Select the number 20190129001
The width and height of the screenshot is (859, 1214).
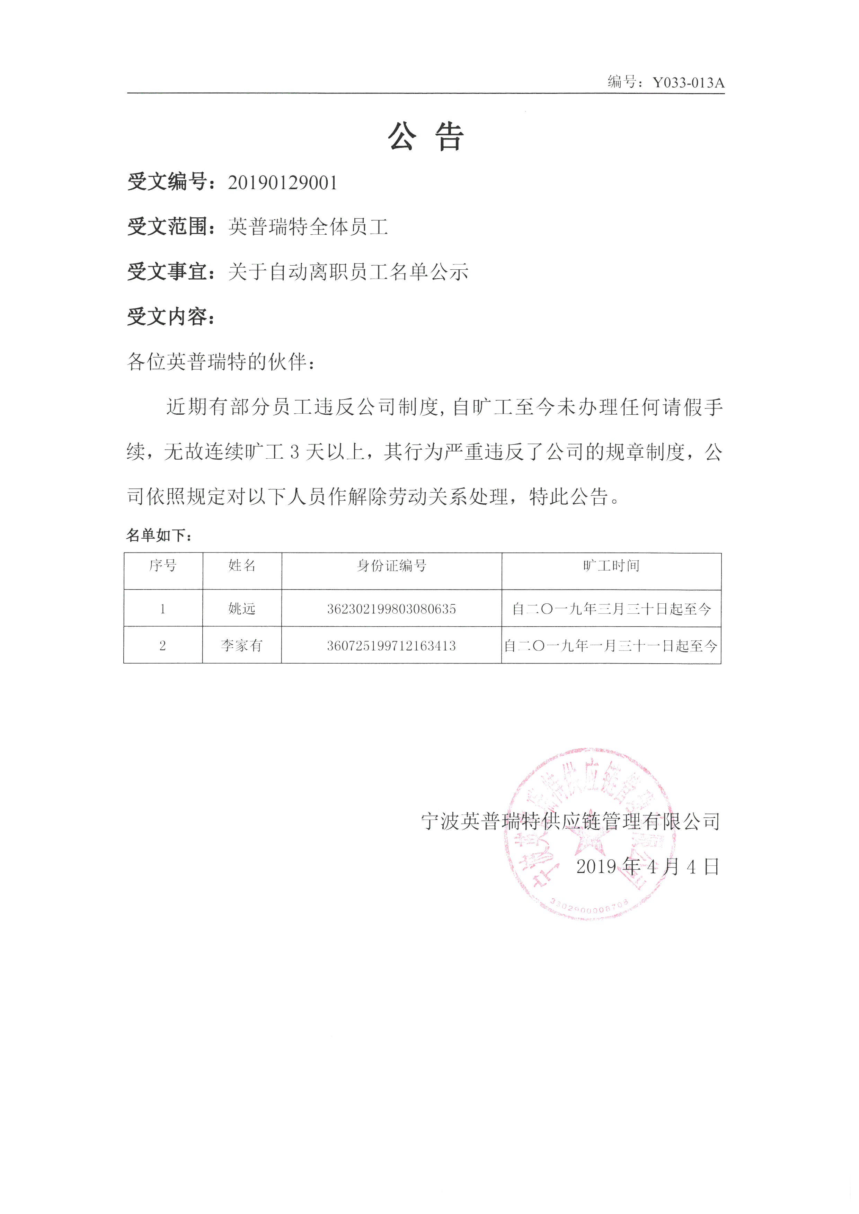click(x=282, y=183)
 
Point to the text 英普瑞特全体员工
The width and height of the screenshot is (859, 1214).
click(x=308, y=227)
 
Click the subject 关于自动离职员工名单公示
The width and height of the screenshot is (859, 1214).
click(x=348, y=272)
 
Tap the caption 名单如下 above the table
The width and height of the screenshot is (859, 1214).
click(x=157, y=536)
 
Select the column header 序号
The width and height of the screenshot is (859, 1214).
click(x=163, y=566)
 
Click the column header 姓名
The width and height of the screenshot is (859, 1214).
click(x=242, y=566)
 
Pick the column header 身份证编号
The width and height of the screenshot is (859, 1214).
click(x=391, y=566)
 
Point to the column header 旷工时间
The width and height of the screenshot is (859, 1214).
click(x=611, y=566)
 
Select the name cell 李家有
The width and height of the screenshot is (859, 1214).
click(x=242, y=646)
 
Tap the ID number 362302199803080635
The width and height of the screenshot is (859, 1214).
click(x=391, y=609)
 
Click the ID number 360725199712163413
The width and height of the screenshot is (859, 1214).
click(x=391, y=646)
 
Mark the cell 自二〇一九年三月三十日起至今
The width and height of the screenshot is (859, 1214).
click(x=611, y=609)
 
